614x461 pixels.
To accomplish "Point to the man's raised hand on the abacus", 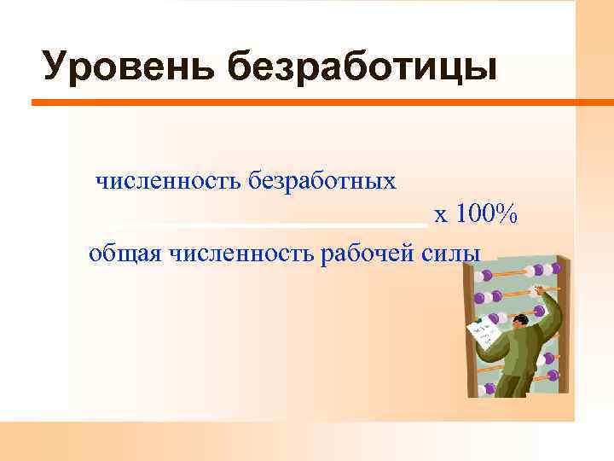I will click(538, 290).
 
